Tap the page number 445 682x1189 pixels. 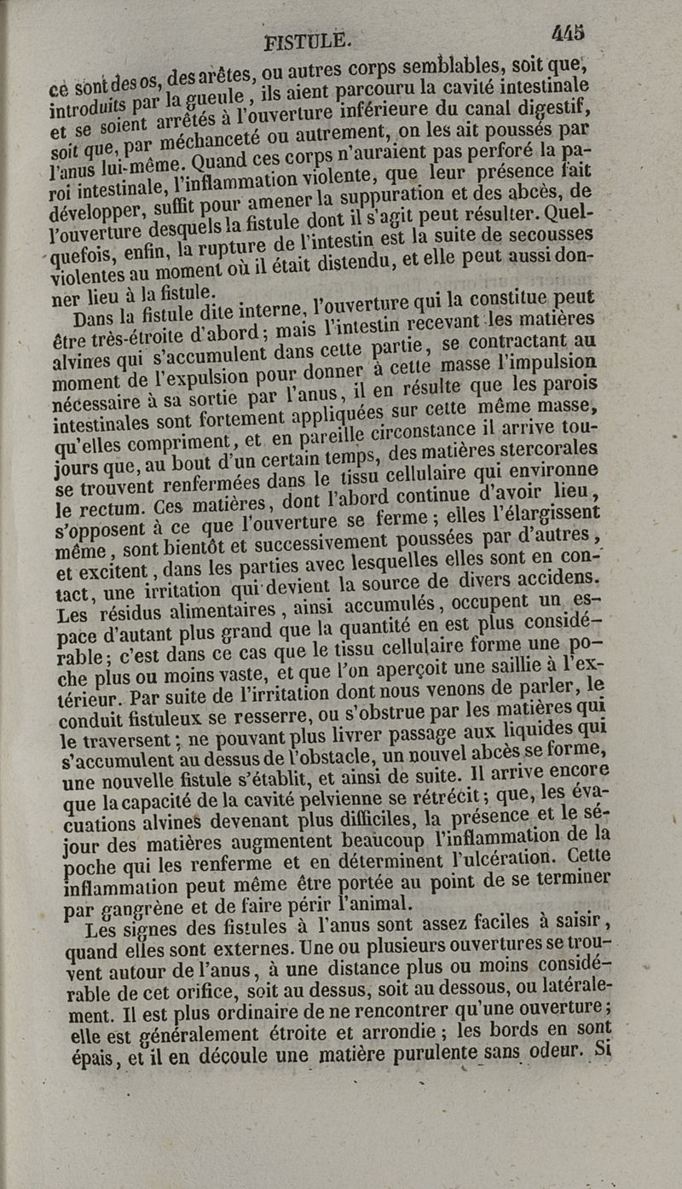tap(567, 33)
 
